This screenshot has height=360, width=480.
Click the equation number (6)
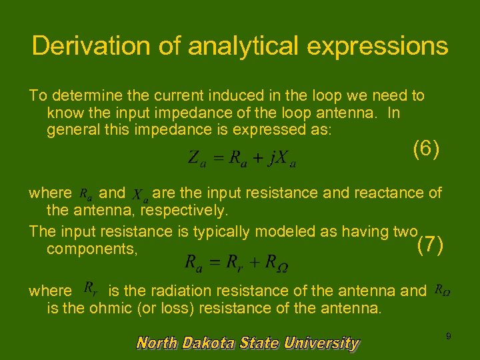(x=426, y=148)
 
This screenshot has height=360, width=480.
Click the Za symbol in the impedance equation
(x=196, y=159)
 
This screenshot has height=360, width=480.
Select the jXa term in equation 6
(x=283, y=159)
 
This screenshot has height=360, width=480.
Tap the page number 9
(x=448, y=337)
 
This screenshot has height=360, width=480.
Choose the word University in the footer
(x=321, y=343)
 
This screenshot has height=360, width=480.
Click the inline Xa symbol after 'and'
(x=140, y=195)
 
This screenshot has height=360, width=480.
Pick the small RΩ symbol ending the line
(x=441, y=290)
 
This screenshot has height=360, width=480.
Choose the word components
(x=92, y=248)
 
